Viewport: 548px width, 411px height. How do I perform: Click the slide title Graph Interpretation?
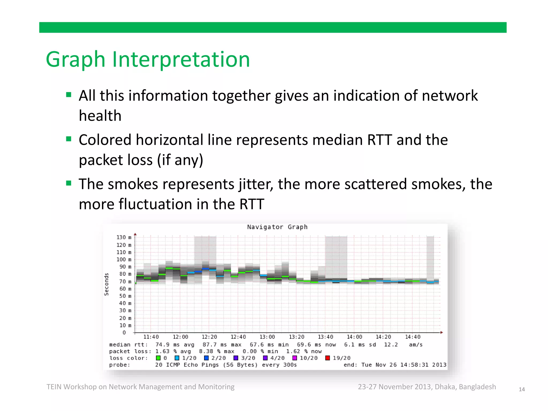(148, 59)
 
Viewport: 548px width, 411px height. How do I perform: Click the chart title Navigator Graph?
(277, 227)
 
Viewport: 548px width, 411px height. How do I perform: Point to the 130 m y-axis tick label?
(124, 237)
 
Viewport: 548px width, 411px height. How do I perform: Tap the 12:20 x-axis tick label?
(209, 337)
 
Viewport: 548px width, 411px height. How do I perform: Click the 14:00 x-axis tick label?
(354, 337)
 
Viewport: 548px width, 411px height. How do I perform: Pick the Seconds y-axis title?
(106, 284)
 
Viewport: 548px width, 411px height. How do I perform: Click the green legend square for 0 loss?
(158, 358)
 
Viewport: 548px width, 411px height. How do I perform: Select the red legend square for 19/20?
(327, 358)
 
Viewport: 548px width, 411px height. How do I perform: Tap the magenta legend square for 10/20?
(295, 358)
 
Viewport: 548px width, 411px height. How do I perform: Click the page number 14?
(522, 390)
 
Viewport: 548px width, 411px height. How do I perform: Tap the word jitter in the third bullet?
(256, 185)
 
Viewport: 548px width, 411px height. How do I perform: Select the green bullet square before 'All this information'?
(69, 95)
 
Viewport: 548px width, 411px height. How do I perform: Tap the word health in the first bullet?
(100, 116)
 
